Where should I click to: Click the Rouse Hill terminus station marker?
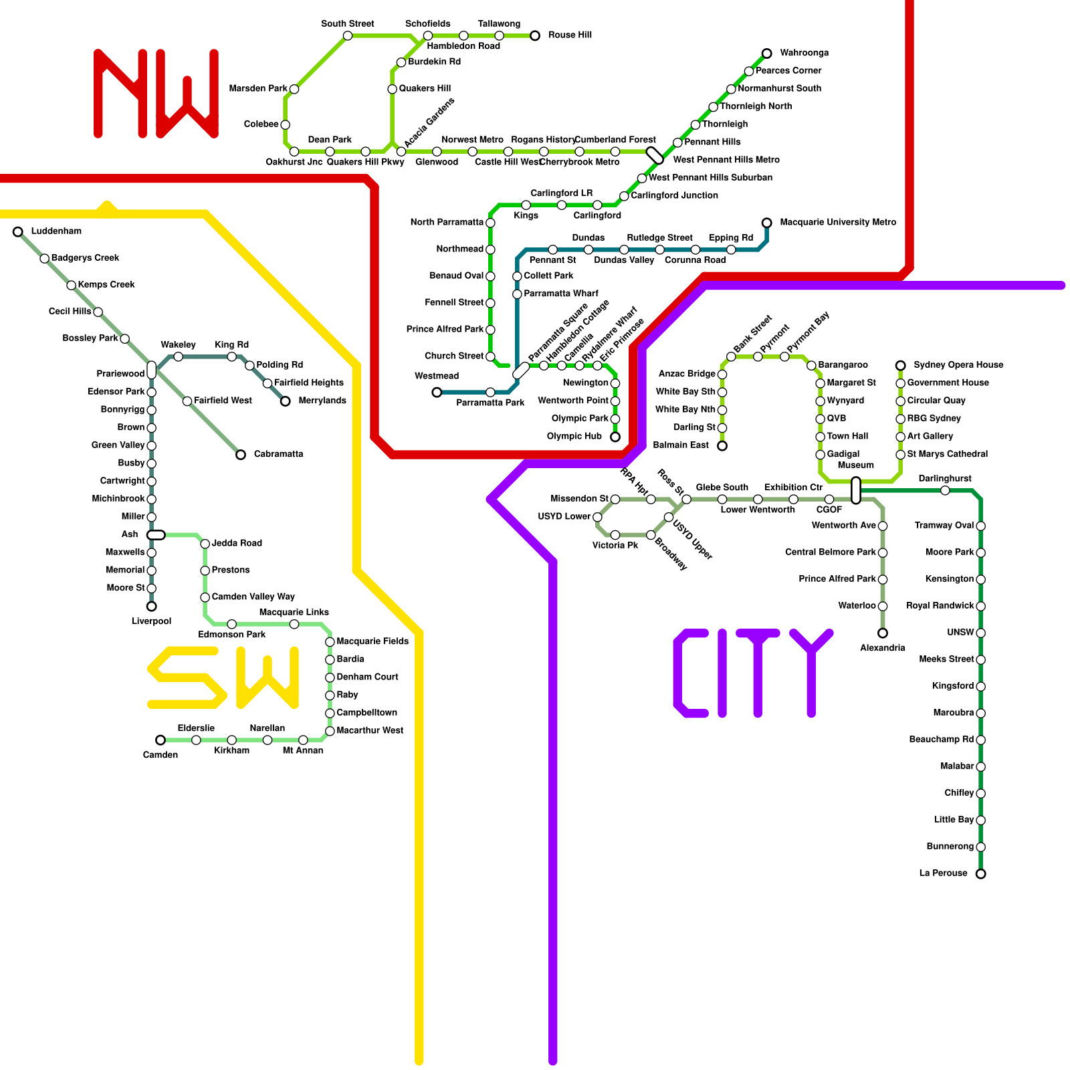[534, 35]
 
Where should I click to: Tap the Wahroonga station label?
[804, 53]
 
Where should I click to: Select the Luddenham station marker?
[18, 232]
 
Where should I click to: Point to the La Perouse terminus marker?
[980, 873]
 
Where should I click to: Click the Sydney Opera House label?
[958, 365]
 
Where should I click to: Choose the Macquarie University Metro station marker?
[766, 223]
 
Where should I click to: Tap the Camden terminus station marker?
[160, 740]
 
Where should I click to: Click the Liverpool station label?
[151, 621]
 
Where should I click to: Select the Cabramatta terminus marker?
[241, 455]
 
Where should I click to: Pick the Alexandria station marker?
[883, 633]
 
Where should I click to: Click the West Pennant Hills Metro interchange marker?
[655, 155]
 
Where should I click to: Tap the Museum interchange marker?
[856, 490]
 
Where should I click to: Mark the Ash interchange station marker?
[156, 535]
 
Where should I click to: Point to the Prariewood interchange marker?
[152, 370]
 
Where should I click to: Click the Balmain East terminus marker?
[722, 445]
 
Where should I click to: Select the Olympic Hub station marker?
[615, 437]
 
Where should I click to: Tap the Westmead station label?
[436, 376]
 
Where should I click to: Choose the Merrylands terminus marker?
[286, 401]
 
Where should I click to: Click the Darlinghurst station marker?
[945, 491]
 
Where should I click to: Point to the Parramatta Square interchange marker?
[521, 371]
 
